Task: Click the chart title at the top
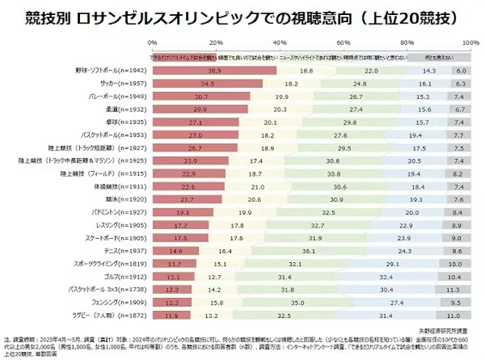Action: (x=242, y=16)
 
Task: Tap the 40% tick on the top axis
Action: (x=280, y=43)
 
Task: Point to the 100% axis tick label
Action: (x=470, y=43)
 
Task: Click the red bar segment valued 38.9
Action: (x=214, y=71)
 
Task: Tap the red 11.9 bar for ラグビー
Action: (x=171, y=314)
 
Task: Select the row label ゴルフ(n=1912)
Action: (x=124, y=276)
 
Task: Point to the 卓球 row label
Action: (x=128, y=122)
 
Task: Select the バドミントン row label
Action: (x=118, y=212)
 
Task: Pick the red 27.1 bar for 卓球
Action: (x=195, y=122)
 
